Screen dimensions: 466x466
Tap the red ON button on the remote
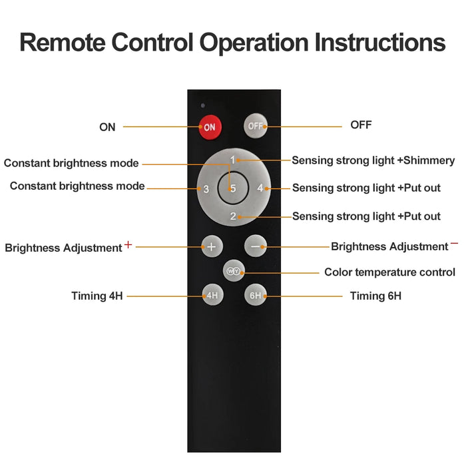point(210,127)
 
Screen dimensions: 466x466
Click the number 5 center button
point(233,188)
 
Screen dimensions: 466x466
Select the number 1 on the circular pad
point(233,160)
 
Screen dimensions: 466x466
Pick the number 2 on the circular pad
point(233,216)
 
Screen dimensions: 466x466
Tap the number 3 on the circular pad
point(206,189)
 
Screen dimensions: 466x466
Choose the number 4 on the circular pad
point(260,188)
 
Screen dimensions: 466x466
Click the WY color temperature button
point(234,271)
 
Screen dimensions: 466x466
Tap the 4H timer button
point(212,295)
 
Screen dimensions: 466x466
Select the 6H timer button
point(255,295)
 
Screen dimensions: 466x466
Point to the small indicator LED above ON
point(202,105)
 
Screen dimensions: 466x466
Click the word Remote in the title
point(63,43)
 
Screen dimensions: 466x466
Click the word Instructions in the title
point(380,43)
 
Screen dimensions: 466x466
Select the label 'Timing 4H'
point(97,296)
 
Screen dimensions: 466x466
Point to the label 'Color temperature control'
point(389,272)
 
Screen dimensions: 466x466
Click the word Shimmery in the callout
point(429,160)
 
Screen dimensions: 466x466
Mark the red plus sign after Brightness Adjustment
point(128,244)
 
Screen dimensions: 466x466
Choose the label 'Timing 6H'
point(375,296)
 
